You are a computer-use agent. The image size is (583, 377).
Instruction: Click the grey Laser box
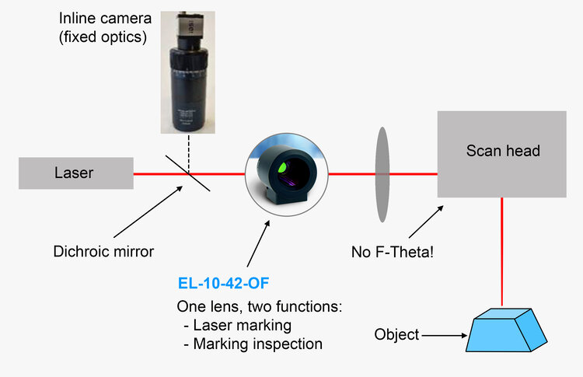(x=75, y=173)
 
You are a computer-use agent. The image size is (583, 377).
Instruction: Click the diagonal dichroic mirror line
(x=187, y=172)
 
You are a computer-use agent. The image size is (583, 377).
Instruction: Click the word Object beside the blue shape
(x=396, y=335)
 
